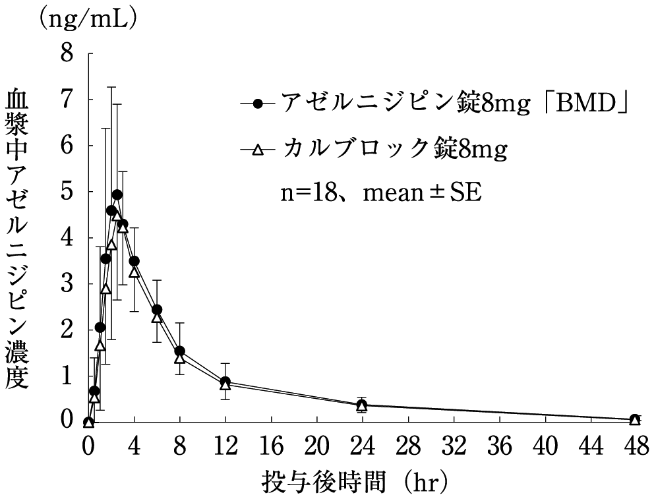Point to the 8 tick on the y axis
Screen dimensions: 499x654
pyautogui.click(x=67, y=53)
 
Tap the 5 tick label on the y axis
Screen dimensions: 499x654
pyautogui.click(x=67, y=191)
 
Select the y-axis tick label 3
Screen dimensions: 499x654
pyautogui.click(x=67, y=283)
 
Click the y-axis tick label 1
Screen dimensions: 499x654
pyautogui.click(x=67, y=376)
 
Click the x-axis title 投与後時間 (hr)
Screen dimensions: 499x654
pyautogui.click(x=357, y=481)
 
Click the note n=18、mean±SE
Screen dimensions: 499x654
pyautogui.click(x=378, y=194)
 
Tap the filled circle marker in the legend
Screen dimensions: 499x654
pyautogui.click(x=258, y=103)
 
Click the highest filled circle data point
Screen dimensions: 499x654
pyautogui.click(x=117, y=195)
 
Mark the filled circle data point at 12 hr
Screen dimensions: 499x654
pyautogui.click(x=225, y=382)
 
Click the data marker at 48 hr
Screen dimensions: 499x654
pyautogui.click(x=635, y=420)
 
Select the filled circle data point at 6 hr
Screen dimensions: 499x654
pyautogui.click(x=157, y=310)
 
